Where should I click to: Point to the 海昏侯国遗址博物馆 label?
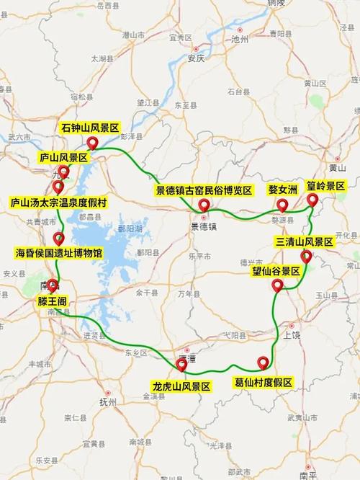[58, 254]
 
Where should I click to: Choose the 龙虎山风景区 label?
[181, 386]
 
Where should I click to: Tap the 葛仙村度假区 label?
[264, 382]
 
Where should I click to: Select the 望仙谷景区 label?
[276, 272]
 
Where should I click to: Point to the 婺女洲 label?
[282, 190]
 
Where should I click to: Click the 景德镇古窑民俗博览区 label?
[204, 190]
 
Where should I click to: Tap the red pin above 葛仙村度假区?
[264, 363]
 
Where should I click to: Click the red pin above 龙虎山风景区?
[181, 365]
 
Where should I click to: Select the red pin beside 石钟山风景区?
[91, 143]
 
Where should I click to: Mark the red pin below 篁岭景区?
[312, 200]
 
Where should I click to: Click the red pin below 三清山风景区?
[306, 257]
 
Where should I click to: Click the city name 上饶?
[292, 334]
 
